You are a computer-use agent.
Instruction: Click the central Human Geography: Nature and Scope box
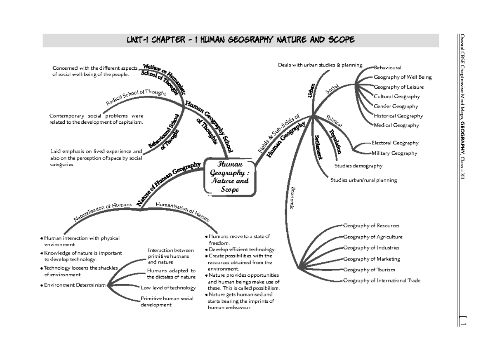pos(230,176)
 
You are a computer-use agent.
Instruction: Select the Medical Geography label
pos(396,125)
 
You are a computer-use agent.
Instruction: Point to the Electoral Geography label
pos(395,143)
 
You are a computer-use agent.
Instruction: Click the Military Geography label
pos(394,153)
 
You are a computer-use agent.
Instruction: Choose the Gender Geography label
pos(396,106)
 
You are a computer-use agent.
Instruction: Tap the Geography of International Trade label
pos(382,280)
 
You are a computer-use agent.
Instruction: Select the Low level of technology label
pos(168,288)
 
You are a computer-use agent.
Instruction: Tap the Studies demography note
pos(358,166)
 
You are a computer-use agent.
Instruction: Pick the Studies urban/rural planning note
pos(363,180)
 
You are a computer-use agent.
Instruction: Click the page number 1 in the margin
pos(463,324)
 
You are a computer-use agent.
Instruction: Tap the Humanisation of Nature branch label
pos(183,210)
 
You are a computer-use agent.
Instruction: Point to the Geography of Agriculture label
pos(372,237)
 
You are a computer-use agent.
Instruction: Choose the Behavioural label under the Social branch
pos(387,68)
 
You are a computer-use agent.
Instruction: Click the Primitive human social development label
pos(167,301)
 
